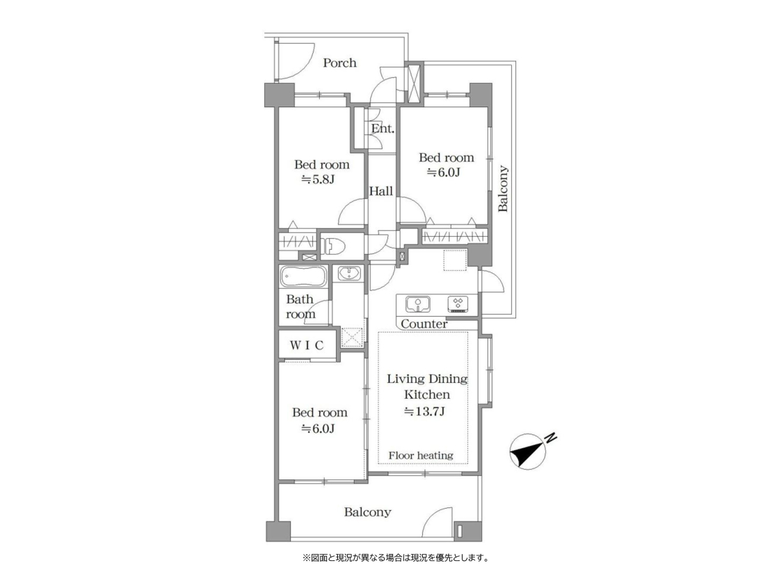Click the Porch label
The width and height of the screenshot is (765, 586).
point(339,63)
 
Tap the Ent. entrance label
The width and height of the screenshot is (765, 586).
point(382,129)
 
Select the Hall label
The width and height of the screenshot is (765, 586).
point(380,191)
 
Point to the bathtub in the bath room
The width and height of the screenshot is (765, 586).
point(303,278)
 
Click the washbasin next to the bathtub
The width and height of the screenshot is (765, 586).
point(349,274)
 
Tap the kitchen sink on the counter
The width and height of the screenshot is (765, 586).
point(418,304)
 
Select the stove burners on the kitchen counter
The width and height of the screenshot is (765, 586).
point(458,304)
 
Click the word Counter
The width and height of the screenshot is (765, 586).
point(424,324)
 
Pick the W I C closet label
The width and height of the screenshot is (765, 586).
point(307,345)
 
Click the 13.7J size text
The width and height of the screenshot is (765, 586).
point(424,411)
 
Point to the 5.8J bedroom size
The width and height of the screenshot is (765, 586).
point(318,180)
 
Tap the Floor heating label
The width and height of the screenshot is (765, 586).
point(421,456)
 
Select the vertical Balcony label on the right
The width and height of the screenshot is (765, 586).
point(503,189)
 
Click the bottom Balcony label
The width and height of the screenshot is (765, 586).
point(367,512)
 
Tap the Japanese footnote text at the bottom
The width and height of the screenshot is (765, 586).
point(396,557)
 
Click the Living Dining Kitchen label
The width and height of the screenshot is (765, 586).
point(427,387)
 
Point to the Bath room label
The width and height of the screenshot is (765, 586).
point(300,307)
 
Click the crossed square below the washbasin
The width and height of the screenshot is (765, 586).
point(351,336)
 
